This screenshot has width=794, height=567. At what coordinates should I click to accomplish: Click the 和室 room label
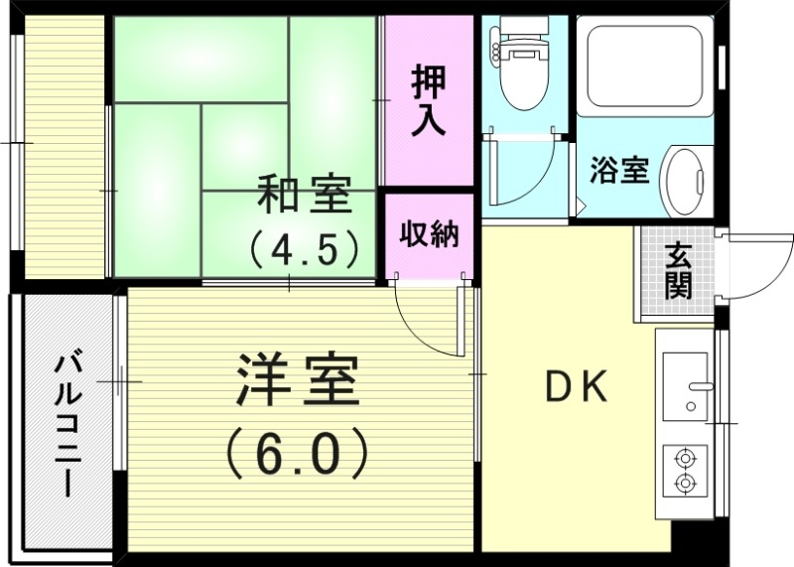coord(305,196)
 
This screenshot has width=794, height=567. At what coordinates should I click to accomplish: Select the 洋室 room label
coord(297,382)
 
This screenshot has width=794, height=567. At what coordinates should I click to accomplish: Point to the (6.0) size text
coord(297,452)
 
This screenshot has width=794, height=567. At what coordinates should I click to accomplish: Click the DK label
coord(577,388)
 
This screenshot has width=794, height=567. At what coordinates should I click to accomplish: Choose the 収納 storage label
coord(429,235)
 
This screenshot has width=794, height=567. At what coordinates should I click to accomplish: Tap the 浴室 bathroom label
coord(618,171)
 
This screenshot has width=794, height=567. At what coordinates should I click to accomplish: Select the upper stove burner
coord(685,459)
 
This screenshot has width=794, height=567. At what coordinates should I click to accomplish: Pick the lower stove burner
coord(685,483)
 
